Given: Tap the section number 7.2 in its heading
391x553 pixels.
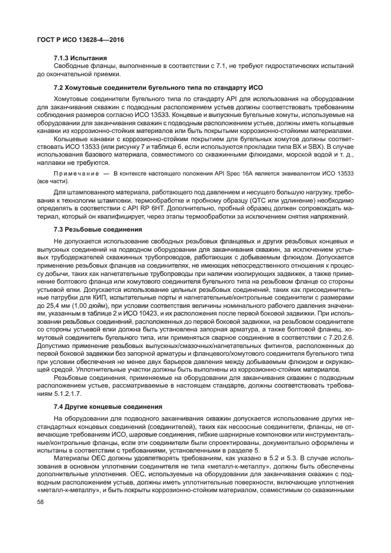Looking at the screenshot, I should (59, 88).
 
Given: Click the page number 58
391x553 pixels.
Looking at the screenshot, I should (41, 502).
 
